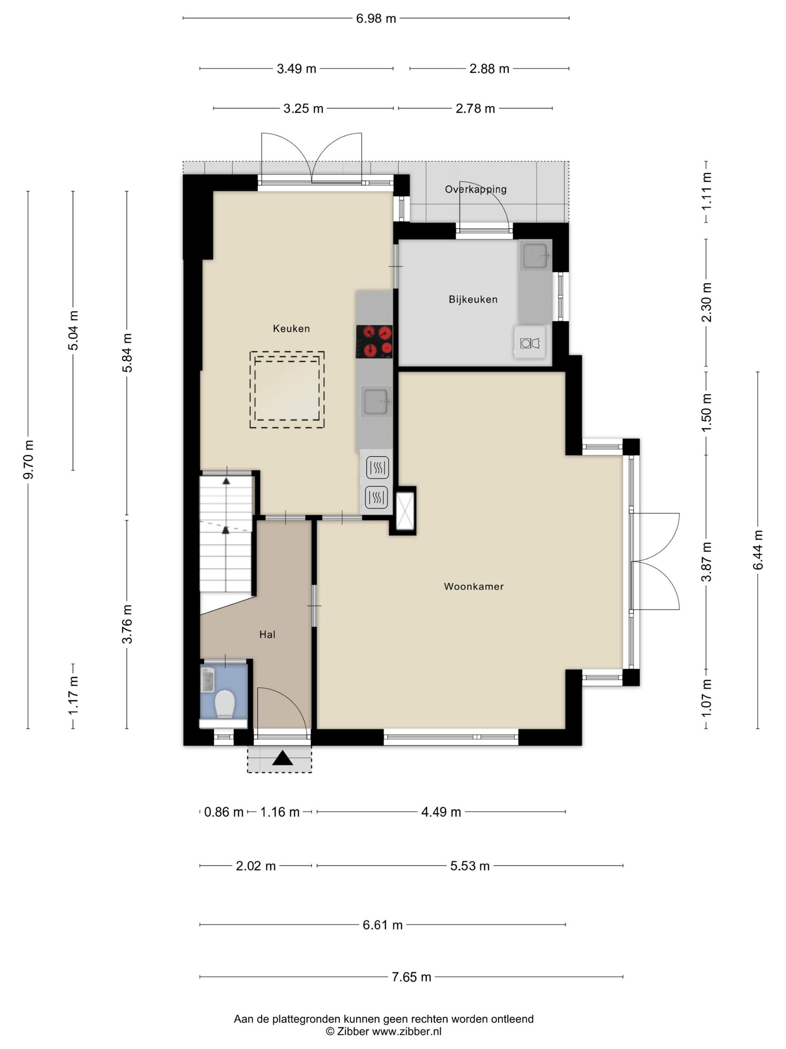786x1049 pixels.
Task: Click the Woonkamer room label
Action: tap(473, 586)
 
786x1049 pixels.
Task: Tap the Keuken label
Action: tap(291, 328)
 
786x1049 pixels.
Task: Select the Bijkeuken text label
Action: tap(473, 299)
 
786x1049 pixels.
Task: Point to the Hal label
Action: tap(267, 635)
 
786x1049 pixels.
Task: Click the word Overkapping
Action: tap(475, 190)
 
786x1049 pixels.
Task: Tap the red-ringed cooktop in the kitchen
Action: tap(374, 341)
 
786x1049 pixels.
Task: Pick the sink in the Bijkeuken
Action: tap(535, 255)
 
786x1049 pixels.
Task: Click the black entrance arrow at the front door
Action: tap(283, 758)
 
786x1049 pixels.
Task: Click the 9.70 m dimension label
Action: tap(28, 459)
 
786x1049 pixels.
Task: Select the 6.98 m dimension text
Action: tap(376, 18)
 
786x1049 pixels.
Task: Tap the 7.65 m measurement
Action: tap(411, 977)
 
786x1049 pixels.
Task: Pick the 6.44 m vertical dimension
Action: tap(758, 550)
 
